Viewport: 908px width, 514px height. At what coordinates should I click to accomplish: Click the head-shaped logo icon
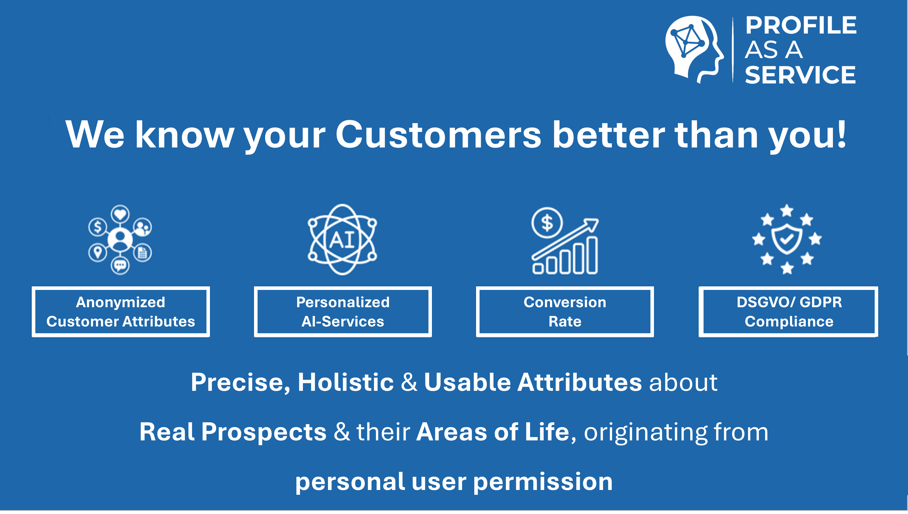pos(694,49)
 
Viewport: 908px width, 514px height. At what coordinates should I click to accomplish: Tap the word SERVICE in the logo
pos(800,75)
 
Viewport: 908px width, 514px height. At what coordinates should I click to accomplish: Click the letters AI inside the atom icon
pos(342,240)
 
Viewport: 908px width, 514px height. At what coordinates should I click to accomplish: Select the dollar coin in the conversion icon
pos(547,223)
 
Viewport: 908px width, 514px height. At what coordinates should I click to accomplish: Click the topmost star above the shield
pos(787,211)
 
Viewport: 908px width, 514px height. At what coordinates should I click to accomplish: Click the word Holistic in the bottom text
pos(346,382)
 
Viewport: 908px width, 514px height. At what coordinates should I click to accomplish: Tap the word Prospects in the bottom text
pos(264,432)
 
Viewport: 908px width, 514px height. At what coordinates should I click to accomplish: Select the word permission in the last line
pos(543,482)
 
